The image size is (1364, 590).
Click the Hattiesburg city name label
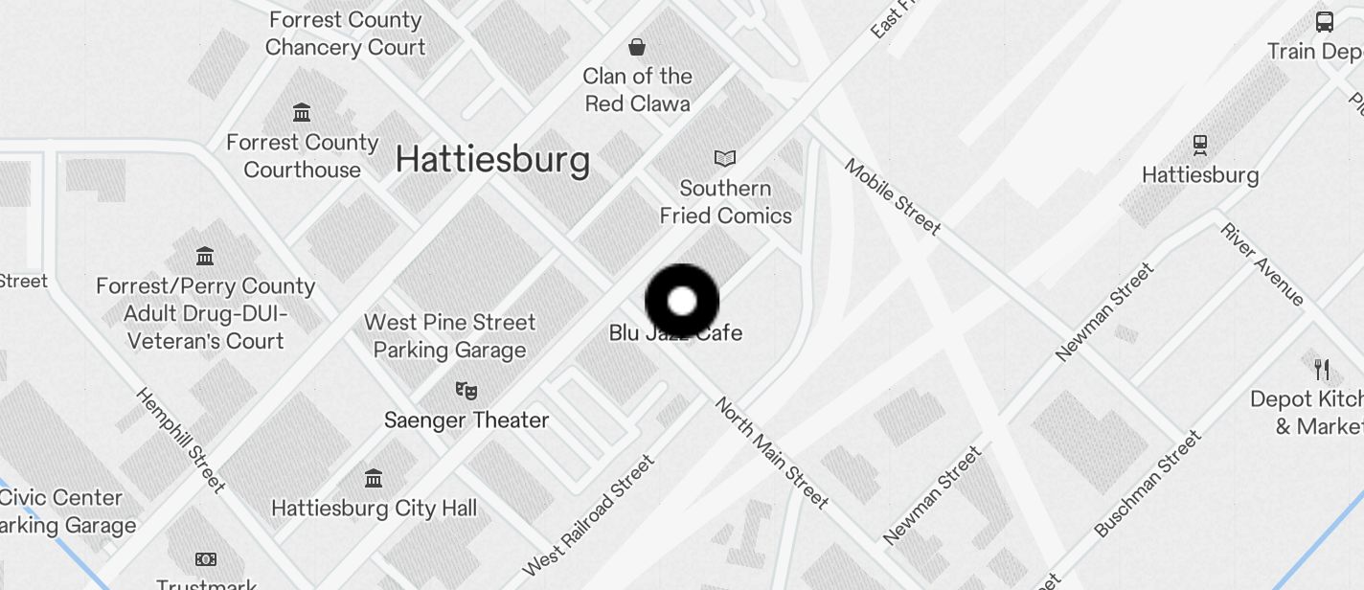click(x=492, y=159)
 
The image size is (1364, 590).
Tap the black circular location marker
click(x=682, y=301)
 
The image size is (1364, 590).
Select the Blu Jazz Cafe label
click(x=676, y=333)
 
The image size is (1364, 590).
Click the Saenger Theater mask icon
click(x=466, y=390)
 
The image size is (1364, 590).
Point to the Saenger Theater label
click(x=466, y=420)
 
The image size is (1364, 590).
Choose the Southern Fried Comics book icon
click(x=725, y=158)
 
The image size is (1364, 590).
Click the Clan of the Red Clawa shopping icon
click(x=637, y=47)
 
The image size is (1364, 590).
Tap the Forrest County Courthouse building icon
click(x=302, y=113)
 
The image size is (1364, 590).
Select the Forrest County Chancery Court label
click(x=345, y=34)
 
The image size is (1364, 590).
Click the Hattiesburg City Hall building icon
click(x=374, y=478)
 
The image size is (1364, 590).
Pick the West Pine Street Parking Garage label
click(x=450, y=336)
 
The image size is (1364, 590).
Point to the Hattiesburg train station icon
click(x=1200, y=146)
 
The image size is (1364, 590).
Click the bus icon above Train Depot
click(x=1325, y=21)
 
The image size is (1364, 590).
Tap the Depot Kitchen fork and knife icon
click(x=1322, y=370)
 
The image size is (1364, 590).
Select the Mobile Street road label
click(x=893, y=197)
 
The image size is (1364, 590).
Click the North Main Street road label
click(x=771, y=452)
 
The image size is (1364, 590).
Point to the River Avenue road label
click(x=1262, y=263)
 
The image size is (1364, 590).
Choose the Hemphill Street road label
click(x=180, y=440)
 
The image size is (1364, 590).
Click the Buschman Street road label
click(x=1147, y=485)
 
